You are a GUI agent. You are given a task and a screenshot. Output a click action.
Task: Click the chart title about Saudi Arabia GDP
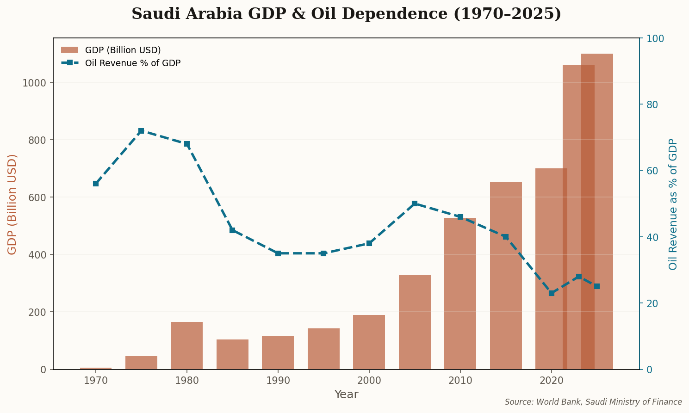pyautogui.click(x=346, y=14)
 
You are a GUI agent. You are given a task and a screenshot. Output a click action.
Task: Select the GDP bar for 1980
pyautogui.click(x=186, y=345)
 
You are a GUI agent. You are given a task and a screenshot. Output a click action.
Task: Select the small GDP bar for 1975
pyautogui.click(x=141, y=363)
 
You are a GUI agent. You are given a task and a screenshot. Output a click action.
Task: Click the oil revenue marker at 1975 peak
pyautogui.click(x=141, y=131)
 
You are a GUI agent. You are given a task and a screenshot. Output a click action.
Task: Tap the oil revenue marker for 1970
pyautogui.click(x=96, y=184)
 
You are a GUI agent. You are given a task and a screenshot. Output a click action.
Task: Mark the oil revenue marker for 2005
pyautogui.click(x=415, y=203)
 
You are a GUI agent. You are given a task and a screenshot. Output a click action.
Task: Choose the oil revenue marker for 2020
pyautogui.click(x=551, y=293)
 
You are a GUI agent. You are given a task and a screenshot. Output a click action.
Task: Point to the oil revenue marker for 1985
pyautogui.click(x=232, y=230)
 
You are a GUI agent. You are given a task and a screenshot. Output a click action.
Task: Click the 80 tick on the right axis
pyautogui.click(x=652, y=105)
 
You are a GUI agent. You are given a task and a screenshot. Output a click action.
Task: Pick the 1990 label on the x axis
pyautogui.click(x=278, y=381)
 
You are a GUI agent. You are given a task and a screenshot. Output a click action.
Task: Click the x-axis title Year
pyautogui.click(x=346, y=395)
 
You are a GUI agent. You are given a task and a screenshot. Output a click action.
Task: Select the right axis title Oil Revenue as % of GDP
pyautogui.click(x=673, y=204)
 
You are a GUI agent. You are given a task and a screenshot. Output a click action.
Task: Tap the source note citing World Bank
pyautogui.click(x=593, y=402)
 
